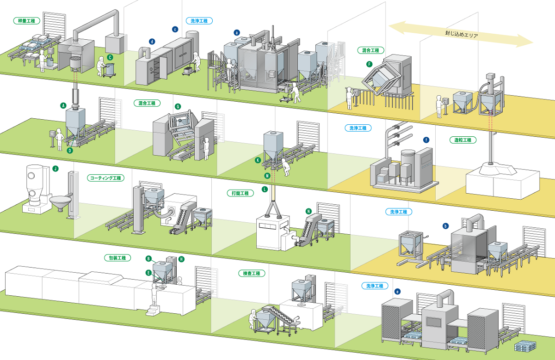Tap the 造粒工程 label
click(x=460, y=140)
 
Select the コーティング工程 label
click(x=105, y=178)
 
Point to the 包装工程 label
click(x=117, y=258)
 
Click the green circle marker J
click(x=55, y=169)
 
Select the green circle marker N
click(x=308, y=211)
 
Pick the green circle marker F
click(x=369, y=63)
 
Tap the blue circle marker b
click(x=445, y=226)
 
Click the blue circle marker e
click(x=397, y=292)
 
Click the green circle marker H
click(x=181, y=259)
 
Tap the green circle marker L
click(x=264, y=189)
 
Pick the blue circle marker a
click(x=237, y=32)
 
